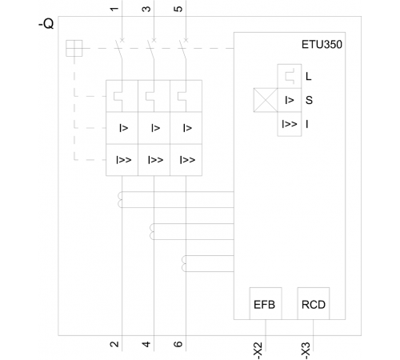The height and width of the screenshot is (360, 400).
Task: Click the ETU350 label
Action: [x=322, y=45]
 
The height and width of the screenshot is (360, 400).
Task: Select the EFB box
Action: [x=266, y=303]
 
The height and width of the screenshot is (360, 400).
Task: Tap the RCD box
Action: [x=314, y=303]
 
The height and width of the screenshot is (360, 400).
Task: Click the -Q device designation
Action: [x=46, y=24]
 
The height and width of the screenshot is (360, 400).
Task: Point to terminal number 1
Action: [x=114, y=9]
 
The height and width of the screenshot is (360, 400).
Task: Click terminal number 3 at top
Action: [x=146, y=9]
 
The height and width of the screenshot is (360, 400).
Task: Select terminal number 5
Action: [x=178, y=9]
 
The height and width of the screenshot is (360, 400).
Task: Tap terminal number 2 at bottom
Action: [x=114, y=344]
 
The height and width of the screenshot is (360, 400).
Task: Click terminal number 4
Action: [x=146, y=344]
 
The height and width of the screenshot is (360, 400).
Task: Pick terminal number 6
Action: [x=178, y=344]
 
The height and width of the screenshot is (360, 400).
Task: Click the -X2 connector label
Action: [x=258, y=351]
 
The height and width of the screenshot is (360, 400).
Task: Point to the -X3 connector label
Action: [x=306, y=351]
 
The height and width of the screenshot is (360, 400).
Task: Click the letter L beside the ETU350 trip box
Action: [x=308, y=77]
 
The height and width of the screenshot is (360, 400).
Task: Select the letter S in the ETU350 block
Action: [x=309, y=100]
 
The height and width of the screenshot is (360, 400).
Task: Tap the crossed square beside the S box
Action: [x=266, y=100]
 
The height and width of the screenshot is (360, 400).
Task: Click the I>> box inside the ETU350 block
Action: [x=290, y=124]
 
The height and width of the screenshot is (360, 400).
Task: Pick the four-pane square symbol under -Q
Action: [x=74, y=48]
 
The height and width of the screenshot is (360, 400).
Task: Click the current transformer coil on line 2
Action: [x=120, y=199]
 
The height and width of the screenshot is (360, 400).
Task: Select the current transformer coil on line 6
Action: [x=184, y=263]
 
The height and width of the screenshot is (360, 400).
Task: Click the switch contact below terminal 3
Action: [x=151, y=50]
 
